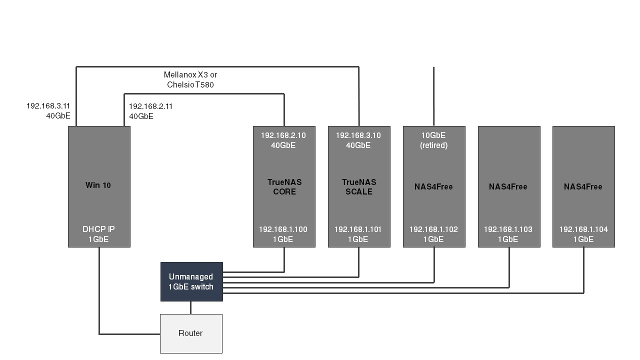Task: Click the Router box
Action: click(190, 333)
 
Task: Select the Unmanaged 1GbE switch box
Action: click(191, 281)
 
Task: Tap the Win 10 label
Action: click(98, 185)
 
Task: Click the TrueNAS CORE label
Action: click(284, 186)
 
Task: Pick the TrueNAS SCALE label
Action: click(359, 186)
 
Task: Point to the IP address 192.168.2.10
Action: click(283, 135)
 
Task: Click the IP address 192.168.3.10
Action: click(358, 135)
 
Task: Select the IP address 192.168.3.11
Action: click(48, 106)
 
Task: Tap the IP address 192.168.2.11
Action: click(150, 106)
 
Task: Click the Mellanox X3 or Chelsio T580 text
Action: click(190, 79)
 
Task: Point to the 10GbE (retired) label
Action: click(433, 140)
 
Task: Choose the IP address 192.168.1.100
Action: click(283, 229)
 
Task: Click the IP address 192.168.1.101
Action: click(358, 229)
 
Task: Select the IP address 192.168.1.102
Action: click(433, 229)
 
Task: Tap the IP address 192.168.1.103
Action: click(508, 229)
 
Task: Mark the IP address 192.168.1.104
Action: click(583, 229)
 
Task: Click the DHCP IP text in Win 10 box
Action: click(98, 229)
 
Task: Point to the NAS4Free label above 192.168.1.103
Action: click(508, 186)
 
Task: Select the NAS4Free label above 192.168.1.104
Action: click(583, 186)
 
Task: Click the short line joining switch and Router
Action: click(190, 307)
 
